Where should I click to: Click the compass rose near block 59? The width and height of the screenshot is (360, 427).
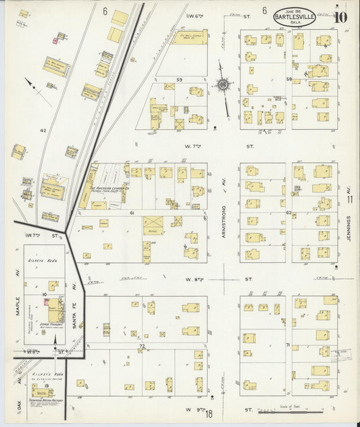(222, 84)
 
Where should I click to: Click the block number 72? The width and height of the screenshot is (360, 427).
(143, 346)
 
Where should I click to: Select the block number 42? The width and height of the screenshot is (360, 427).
(43, 130)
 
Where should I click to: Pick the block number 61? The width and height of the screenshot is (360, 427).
(132, 213)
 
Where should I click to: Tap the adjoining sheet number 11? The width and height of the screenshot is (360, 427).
(350, 200)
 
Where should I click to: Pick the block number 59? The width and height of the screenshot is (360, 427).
(180, 80)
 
